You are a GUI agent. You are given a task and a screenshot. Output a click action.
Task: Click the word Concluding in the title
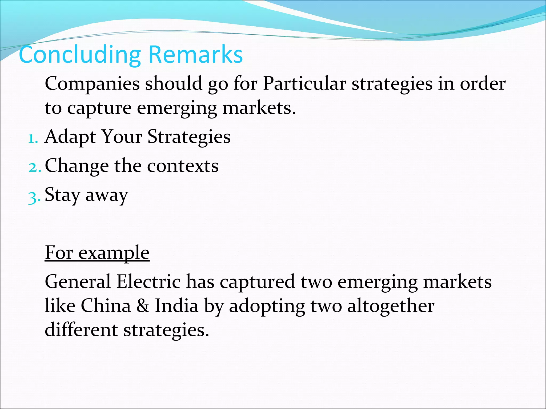coord(79,55)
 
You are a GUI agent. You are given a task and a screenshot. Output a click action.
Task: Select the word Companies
coord(92,84)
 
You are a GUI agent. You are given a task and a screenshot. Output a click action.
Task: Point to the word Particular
coord(304,84)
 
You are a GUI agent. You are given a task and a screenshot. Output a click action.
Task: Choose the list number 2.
coord(34,167)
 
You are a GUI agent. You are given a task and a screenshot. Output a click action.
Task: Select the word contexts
coord(183,166)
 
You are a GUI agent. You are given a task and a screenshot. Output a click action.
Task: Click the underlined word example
coord(114,253)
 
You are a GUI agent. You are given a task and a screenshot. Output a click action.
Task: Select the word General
coord(78,282)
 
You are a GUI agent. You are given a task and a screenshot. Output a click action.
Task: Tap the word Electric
coord(148,282)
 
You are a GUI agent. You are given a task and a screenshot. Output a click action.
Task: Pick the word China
coord(106,306)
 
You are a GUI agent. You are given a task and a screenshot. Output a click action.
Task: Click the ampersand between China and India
coord(143,306)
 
